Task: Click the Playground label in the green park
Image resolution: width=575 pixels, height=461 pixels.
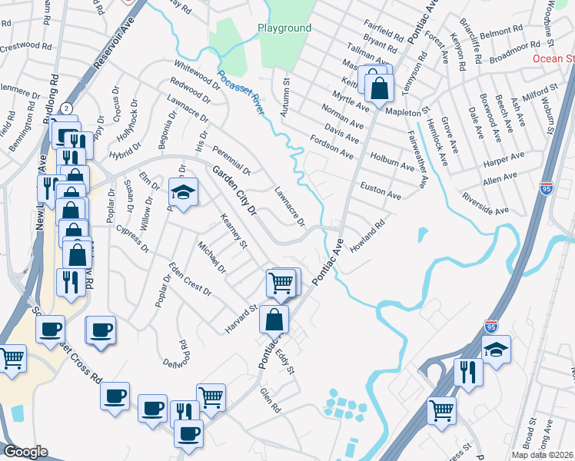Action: (x=284, y=28)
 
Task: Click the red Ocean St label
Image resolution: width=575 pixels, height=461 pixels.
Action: (x=553, y=58)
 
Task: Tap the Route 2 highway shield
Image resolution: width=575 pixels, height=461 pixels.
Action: (x=67, y=108)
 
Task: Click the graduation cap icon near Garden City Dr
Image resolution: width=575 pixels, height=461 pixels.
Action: (x=183, y=192)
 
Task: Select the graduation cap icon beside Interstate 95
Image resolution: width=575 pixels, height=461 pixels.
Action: (x=496, y=350)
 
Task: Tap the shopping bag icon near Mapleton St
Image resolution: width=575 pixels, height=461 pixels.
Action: (x=380, y=86)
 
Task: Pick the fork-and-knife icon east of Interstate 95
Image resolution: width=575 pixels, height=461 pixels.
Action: (x=468, y=373)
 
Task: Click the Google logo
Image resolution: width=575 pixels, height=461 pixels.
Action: (x=25, y=452)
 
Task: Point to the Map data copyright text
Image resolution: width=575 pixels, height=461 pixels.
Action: (x=542, y=455)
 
